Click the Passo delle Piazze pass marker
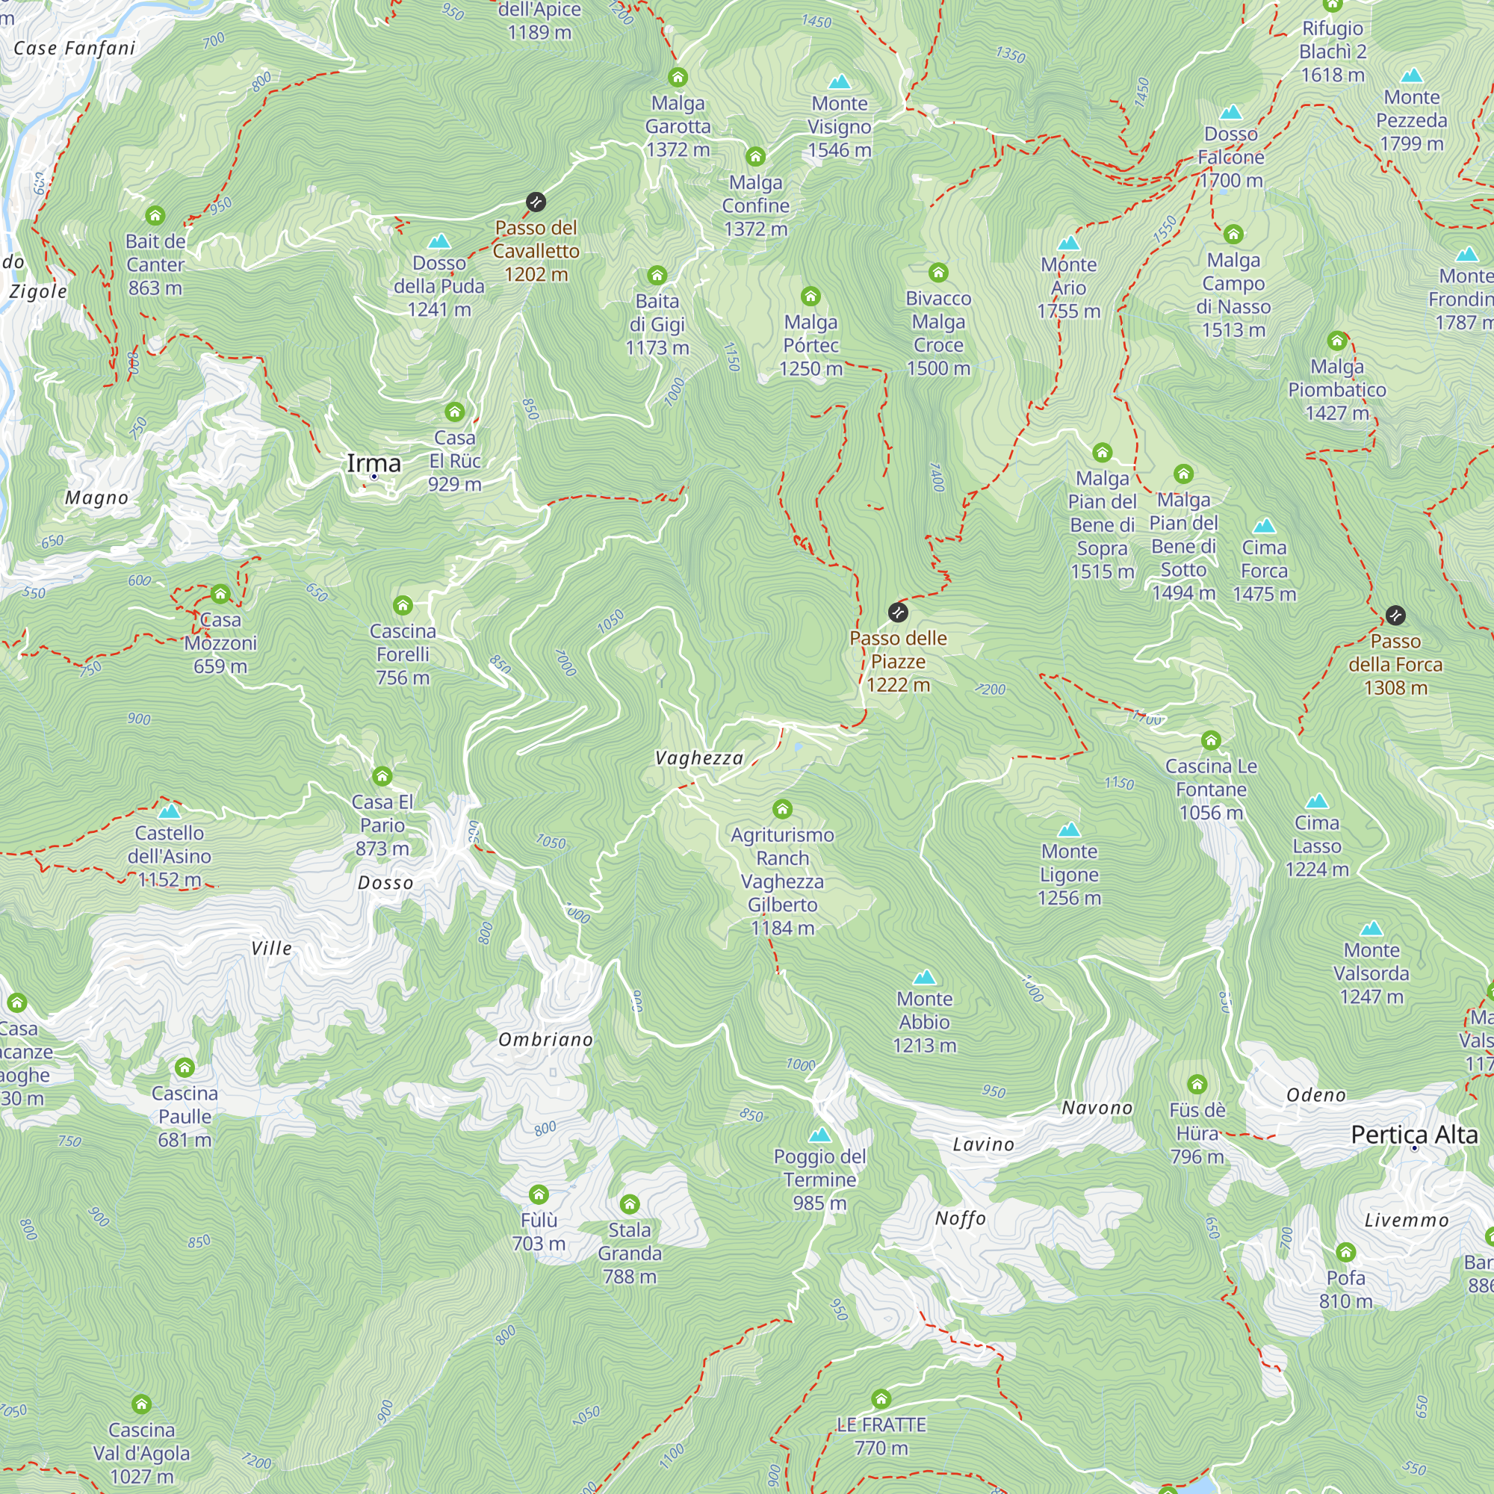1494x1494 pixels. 898,613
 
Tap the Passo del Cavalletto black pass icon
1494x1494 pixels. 536,202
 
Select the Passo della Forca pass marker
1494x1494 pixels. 1395,616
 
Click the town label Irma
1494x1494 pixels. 373,463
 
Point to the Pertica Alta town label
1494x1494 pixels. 1414,1135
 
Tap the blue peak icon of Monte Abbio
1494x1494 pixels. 925,977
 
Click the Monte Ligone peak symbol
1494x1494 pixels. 1070,830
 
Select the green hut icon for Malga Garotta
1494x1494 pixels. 678,78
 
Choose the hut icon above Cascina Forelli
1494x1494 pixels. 403,606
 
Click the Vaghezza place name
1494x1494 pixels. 699,757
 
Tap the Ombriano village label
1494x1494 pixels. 546,1039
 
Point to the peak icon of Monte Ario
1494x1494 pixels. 1069,243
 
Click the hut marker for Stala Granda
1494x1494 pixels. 630,1204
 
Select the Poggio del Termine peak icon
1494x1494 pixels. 819,1135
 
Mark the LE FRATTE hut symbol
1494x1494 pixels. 881,1398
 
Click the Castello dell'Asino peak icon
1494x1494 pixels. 170,811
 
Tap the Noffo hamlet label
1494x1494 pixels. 961,1218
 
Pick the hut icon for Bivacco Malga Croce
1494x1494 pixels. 939,272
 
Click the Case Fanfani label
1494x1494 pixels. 75,48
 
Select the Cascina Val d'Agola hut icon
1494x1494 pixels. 141,1404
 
